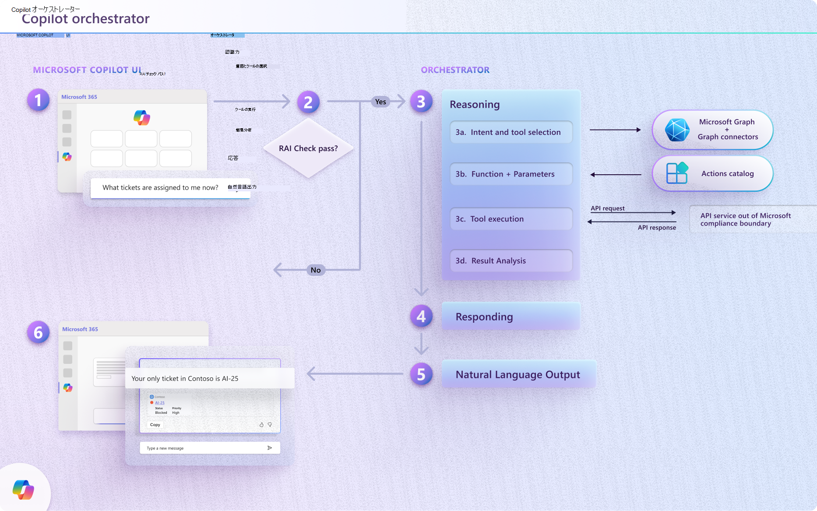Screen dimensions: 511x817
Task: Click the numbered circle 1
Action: click(x=38, y=100)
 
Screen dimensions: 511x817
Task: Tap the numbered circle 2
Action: click(x=308, y=102)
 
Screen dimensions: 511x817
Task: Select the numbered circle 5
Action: click(x=421, y=374)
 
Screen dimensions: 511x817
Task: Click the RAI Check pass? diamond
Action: click(x=308, y=148)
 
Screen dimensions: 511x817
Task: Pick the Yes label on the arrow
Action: click(x=380, y=102)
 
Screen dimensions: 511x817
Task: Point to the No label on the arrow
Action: click(x=316, y=270)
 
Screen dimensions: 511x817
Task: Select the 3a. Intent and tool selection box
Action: click(x=511, y=132)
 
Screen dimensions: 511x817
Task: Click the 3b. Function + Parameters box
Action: click(x=511, y=174)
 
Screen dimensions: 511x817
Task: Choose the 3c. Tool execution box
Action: click(x=511, y=219)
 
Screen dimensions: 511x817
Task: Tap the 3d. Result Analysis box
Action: click(x=511, y=261)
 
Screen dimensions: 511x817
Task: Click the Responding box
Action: click(x=511, y=317)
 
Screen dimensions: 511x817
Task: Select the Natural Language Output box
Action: click(x=518, y=374)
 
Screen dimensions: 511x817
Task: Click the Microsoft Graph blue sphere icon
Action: click(x=677, y=130)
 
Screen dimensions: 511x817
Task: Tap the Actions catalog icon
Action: click(x=677, y=173)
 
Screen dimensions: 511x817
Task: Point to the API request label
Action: click(x=608, y=208)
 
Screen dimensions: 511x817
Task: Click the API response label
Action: click(x=657, y=228)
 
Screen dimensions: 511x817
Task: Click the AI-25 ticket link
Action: click(x=160, y=403)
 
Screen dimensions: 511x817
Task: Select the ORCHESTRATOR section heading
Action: click(x=455, y=70)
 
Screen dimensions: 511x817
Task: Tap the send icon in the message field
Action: click(x=270, y=448)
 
